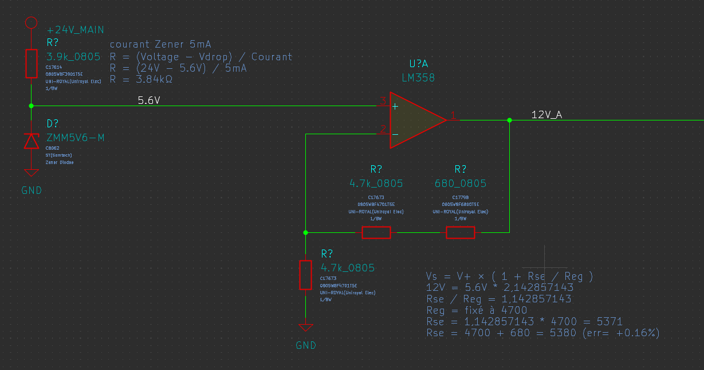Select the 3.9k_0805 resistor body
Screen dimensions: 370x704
(32, 63)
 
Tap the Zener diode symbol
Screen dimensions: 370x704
(32, 141)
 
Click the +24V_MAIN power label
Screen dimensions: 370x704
(76, 30)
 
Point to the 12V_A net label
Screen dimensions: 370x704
(546, 115)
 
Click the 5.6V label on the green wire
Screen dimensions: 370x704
(149, 100)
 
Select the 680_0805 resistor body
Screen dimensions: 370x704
(461, 232)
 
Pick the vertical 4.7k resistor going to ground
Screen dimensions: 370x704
(306, 274)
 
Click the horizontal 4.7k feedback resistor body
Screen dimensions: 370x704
(376, 232)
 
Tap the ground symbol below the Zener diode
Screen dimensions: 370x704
(32, 172)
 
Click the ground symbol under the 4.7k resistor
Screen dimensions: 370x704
(306, 328)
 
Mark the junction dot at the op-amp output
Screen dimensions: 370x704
(509, 120)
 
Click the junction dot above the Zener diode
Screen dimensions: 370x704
(32, 106)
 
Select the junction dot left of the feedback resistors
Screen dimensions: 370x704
(306, 232)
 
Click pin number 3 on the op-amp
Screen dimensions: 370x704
(383, 102)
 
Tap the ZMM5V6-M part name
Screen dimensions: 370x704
(76, 138)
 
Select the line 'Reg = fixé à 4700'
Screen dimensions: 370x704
(477, 310)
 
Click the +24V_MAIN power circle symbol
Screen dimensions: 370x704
(32, 22)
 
